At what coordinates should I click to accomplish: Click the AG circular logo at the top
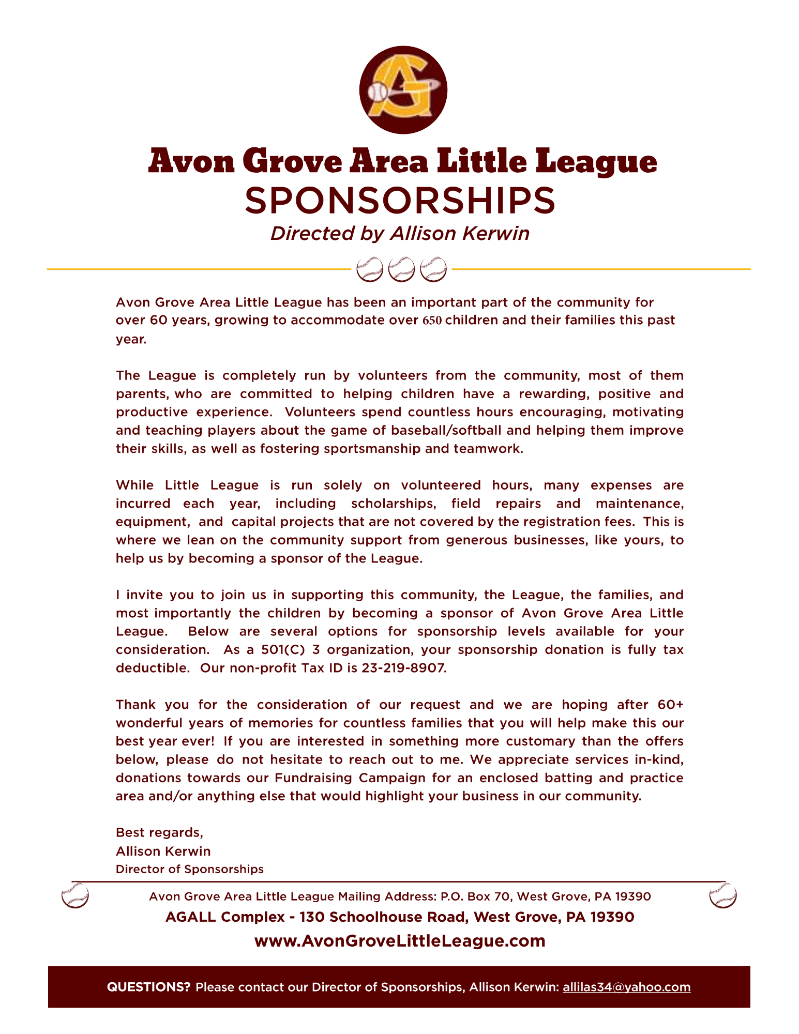403,90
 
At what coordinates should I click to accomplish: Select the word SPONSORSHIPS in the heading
400,201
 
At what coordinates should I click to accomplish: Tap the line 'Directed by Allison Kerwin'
400,233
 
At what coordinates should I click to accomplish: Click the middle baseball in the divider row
401,269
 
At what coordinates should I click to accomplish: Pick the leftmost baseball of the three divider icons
370,269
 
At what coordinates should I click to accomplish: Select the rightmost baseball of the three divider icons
433,269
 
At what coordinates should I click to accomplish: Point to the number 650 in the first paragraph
432,321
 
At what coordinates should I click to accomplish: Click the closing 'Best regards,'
159,832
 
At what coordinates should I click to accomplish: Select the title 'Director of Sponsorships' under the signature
189,869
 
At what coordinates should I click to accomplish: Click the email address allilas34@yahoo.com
626,987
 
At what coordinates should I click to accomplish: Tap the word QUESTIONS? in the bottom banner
148,987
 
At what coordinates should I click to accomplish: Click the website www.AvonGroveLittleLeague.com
400,941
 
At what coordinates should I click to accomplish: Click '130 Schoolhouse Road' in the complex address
384,917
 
